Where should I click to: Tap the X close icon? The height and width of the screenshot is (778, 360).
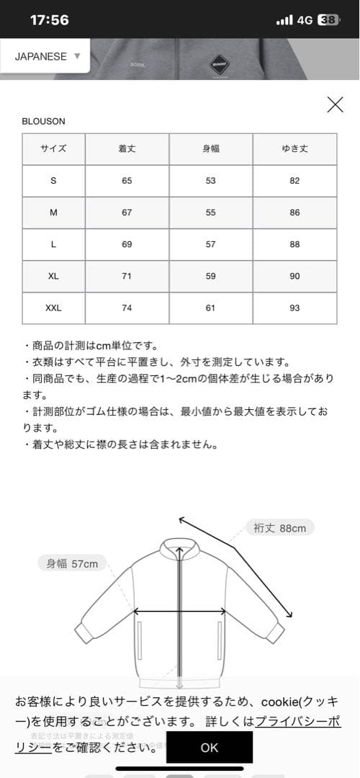click(335, 104)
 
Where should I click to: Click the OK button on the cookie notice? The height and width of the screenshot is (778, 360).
click(209, 748)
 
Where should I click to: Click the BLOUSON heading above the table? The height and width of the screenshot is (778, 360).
click(43, 122)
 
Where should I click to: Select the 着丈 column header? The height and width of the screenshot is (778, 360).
click(127, 149)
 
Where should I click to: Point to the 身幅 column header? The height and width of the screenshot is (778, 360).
click(210, 149)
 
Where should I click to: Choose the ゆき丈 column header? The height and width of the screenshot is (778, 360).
click(294, 149)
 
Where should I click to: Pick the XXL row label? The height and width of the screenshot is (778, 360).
click(53, 308)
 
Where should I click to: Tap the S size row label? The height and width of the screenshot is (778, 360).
click(53, 181)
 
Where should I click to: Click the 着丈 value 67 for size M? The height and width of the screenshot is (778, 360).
click(127, 213)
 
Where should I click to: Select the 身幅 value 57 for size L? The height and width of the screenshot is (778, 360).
click(210, 244)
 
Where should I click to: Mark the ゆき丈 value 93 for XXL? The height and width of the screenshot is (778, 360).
click(294, 308)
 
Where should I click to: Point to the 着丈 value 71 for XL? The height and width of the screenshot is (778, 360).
click(127, 276)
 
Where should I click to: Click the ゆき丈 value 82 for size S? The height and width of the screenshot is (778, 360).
click(294, 181)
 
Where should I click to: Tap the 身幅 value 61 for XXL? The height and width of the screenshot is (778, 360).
click(210, 308)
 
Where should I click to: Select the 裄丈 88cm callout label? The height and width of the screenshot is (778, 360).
click(280, 528)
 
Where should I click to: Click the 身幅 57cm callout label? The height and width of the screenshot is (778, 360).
click(72, 563)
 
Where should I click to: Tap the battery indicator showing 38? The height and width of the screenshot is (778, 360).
click(327, 20)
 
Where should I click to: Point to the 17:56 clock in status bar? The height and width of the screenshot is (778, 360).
click(50, 20)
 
